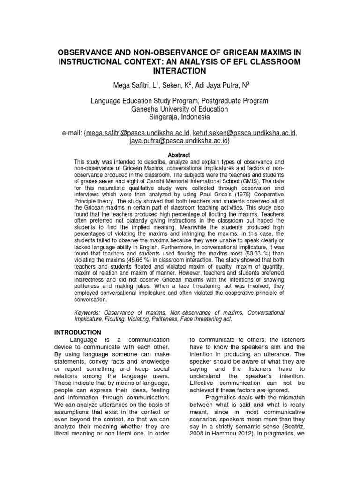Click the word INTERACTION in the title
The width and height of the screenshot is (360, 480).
point(180,71)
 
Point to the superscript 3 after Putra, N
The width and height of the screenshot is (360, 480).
point(248,83)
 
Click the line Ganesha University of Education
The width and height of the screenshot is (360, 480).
point(180,109)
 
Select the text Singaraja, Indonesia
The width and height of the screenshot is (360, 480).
point(180,117)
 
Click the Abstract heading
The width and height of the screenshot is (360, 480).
point(180,154)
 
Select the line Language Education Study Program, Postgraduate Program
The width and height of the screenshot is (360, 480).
point(180,101)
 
